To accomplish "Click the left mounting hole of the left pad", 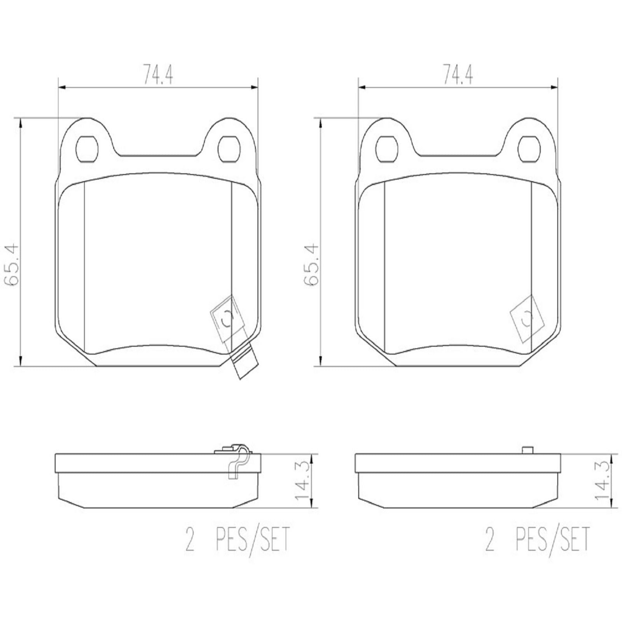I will click(x=87, y=149).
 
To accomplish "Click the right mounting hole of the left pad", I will click(x=228, y=149).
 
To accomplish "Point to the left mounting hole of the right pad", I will click(x=387, y=149).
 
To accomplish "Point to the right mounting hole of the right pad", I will click(x=529, y=149).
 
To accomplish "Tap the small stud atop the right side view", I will click(x=528, y=450).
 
